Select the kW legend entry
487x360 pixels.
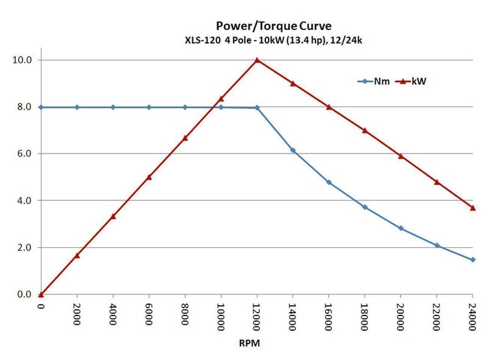411,80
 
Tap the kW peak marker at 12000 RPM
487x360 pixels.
257,60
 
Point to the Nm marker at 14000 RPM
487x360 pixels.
293,150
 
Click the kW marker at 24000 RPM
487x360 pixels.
472,208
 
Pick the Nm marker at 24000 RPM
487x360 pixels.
472,259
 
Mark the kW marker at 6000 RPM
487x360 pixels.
149,177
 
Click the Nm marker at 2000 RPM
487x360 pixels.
77,107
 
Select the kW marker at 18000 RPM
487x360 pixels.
365,130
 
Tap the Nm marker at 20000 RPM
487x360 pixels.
401,228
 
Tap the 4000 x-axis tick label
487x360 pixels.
113,313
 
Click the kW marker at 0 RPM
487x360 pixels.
41,294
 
